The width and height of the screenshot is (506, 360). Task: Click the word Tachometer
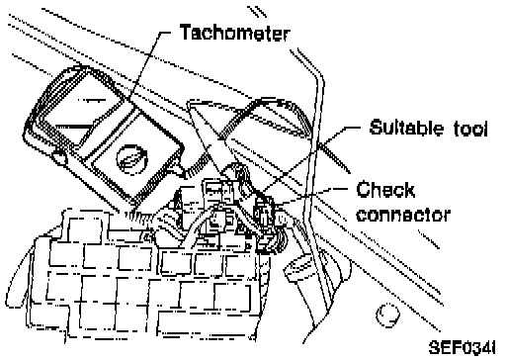[235, 32]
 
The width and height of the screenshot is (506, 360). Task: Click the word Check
[384, 190]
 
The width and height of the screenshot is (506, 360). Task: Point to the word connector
[403, 215]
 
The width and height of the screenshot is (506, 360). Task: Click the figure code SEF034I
[462, 348]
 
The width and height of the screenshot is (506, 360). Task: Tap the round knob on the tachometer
[131, 159]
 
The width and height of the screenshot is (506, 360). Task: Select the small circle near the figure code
[387, 315]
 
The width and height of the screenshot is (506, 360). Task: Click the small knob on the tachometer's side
[59, 157]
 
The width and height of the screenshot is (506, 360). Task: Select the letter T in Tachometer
[187, 32]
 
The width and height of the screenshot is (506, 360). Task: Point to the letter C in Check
[363, 190]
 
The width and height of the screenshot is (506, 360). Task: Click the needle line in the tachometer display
[72, 126]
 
